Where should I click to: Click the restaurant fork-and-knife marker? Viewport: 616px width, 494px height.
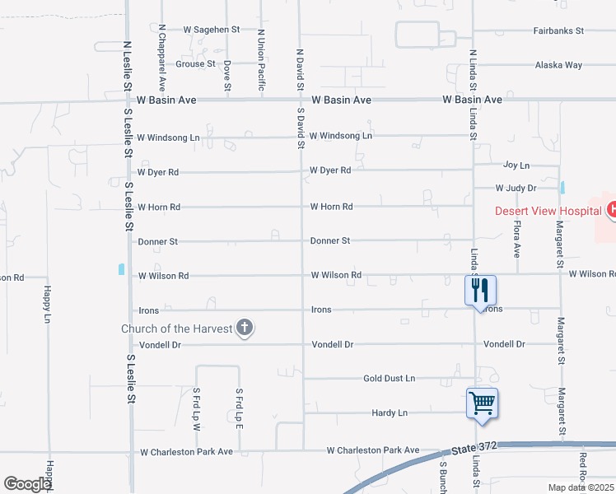tap(480, 290)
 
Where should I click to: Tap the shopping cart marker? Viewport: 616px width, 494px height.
tap(482, 403)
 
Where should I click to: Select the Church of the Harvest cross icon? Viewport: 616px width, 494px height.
tap(244, 328)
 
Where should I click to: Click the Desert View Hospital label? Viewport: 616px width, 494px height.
tap(548, 211)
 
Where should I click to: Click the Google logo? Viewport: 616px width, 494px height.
tap(28, 484)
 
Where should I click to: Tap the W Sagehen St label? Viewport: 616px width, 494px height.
tap(211, 29)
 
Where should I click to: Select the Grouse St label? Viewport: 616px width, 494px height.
tap(195, 63)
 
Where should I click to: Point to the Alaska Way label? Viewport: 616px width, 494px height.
tap(558, 65)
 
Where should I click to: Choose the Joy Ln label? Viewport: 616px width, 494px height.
tap(516, 165)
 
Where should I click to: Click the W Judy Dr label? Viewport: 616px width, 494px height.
tap(516, 189)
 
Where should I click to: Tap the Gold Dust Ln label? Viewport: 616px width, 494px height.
tap(390, 378)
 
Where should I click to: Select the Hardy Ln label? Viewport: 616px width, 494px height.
tap(390, 412)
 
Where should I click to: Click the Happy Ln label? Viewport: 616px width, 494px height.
tap(47, 305)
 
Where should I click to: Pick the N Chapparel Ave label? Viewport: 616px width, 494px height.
tap(163, 57)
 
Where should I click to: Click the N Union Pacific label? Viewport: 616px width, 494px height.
tap(261, 60)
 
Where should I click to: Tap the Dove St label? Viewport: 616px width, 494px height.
tap(227, 74)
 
